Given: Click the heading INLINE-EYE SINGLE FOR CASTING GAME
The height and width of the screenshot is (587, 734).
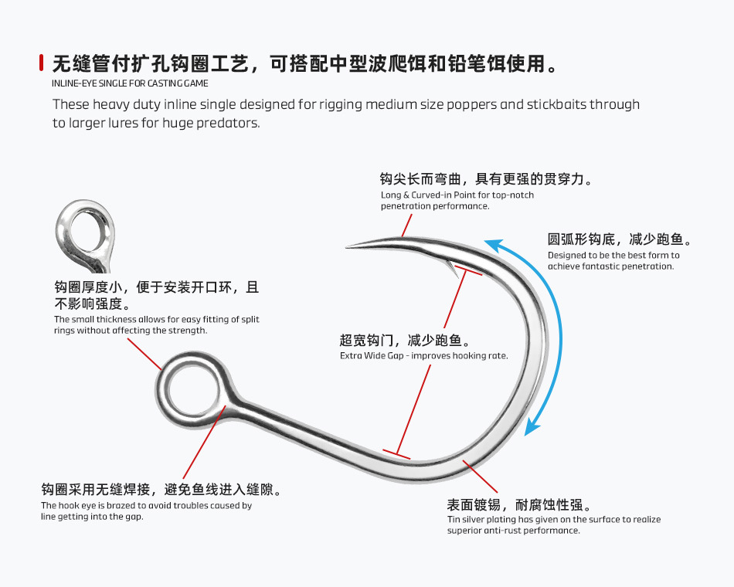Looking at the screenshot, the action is coord(130,83).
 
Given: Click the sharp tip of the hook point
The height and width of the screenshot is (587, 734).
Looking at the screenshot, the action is coord(348,247).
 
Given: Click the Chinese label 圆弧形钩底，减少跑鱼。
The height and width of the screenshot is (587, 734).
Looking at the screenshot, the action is coord(620,239).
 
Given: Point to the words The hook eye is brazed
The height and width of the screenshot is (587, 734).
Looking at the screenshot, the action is coord(87,506).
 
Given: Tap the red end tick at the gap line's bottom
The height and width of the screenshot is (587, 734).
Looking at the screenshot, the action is coord(396,454).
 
